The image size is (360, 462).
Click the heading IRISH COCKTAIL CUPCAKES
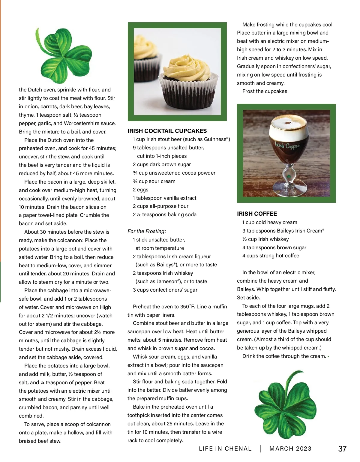[167, 131]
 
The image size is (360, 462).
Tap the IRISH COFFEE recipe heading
[257, 214]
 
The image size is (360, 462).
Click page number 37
[342, 449]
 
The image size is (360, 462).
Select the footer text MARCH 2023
[290, 448]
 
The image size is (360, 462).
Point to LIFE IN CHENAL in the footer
[225, 448]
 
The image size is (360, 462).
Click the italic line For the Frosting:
[147, 231]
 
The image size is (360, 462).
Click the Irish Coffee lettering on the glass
[287, 146]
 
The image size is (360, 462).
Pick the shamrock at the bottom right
[285, 405]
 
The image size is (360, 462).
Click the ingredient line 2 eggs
[140, 190]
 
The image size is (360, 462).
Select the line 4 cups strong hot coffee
[271, 256]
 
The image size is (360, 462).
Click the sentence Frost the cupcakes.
[265, 91]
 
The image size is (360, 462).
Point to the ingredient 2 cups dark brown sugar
[162, 164]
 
